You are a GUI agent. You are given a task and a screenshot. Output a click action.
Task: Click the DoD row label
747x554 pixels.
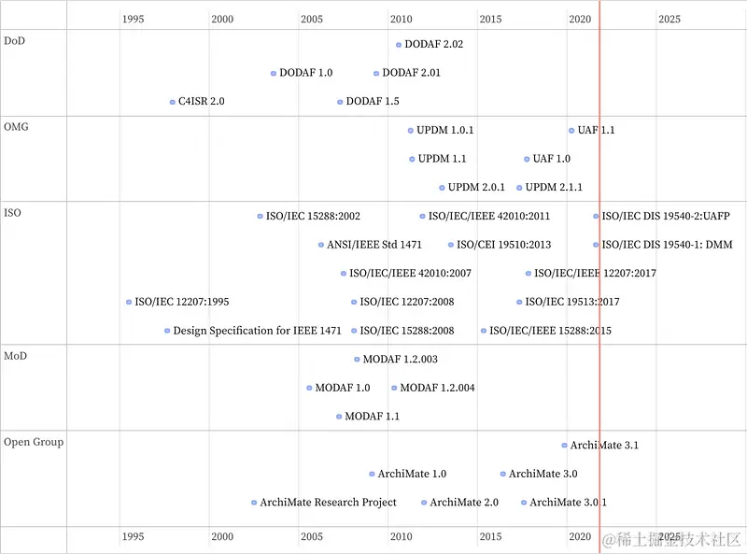coord(15,40)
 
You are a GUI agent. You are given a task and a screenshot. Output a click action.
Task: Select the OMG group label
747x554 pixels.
coord(17,126)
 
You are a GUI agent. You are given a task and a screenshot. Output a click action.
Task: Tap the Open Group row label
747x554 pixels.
coord(34,441)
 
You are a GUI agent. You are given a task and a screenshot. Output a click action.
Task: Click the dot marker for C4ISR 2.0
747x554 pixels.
coord(172,102)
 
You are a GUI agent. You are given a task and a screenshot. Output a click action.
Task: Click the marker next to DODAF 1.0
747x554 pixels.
coord(274,73)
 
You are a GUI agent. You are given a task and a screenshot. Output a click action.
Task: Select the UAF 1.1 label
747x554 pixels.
coord(596,131)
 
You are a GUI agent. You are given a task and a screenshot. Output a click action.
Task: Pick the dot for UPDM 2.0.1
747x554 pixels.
coord(442,188)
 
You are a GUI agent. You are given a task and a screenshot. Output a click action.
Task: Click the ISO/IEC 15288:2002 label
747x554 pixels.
coord(313,216)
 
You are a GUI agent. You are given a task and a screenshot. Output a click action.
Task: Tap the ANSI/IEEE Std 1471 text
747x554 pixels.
coord(373,245)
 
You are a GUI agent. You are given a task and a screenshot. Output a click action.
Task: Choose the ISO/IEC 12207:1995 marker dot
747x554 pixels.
coord(129,302)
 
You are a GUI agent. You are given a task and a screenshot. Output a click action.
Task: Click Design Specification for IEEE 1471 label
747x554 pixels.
coord(257,331)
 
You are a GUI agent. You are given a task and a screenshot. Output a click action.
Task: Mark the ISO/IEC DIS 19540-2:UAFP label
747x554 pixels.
coord(666,216)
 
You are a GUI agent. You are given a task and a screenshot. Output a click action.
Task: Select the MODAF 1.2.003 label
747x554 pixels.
coord(400,360)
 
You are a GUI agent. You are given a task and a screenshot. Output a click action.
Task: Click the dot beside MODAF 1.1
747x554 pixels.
coord(339,417)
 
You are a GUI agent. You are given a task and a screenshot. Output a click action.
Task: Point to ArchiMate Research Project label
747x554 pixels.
coord(328,503)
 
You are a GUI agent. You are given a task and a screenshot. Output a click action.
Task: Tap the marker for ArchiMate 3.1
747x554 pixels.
coord(564,446)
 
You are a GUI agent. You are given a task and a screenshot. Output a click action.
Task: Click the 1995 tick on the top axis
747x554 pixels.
coord(133,19)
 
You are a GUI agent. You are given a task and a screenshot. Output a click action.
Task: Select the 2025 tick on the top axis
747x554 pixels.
coord(669,19)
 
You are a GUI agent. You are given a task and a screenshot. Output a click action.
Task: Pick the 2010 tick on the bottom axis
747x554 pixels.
coord(402,536)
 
